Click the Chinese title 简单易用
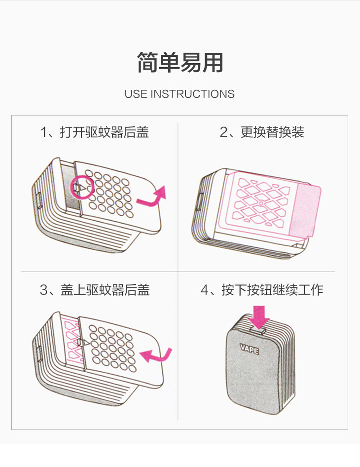click(x=180, y=63)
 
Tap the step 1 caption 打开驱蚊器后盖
click(x=105, y=132)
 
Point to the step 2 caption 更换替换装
click(x=272, y=132)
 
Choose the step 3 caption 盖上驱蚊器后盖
click(x=105, y=290)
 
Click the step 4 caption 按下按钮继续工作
click(x=272, y=290)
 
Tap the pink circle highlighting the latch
click(x=82, y=187)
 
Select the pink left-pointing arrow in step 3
click(x=155, y=355)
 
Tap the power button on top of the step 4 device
click(x=258, y=330)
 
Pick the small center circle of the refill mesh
click(x=260, y=203)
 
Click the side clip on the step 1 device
click(x=39, y=200)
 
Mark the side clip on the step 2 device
click(x=199, y=201)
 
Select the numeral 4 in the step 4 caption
click(x=204, y=290)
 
